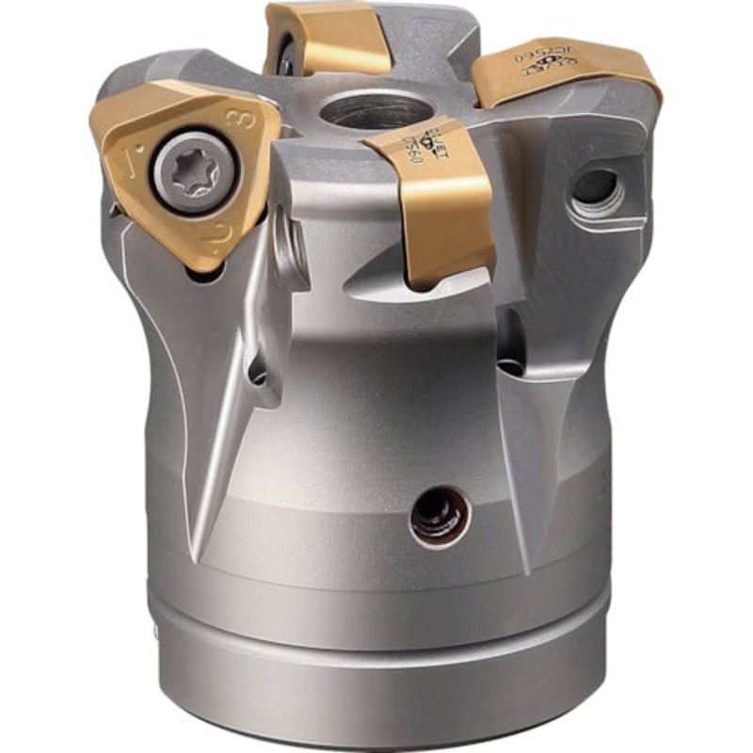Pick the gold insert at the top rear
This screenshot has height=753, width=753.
click(x=329, y=38)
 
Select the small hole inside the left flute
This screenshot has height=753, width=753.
click(x=256, y=372)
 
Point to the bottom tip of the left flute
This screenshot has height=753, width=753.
click(x=193, y=555)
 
